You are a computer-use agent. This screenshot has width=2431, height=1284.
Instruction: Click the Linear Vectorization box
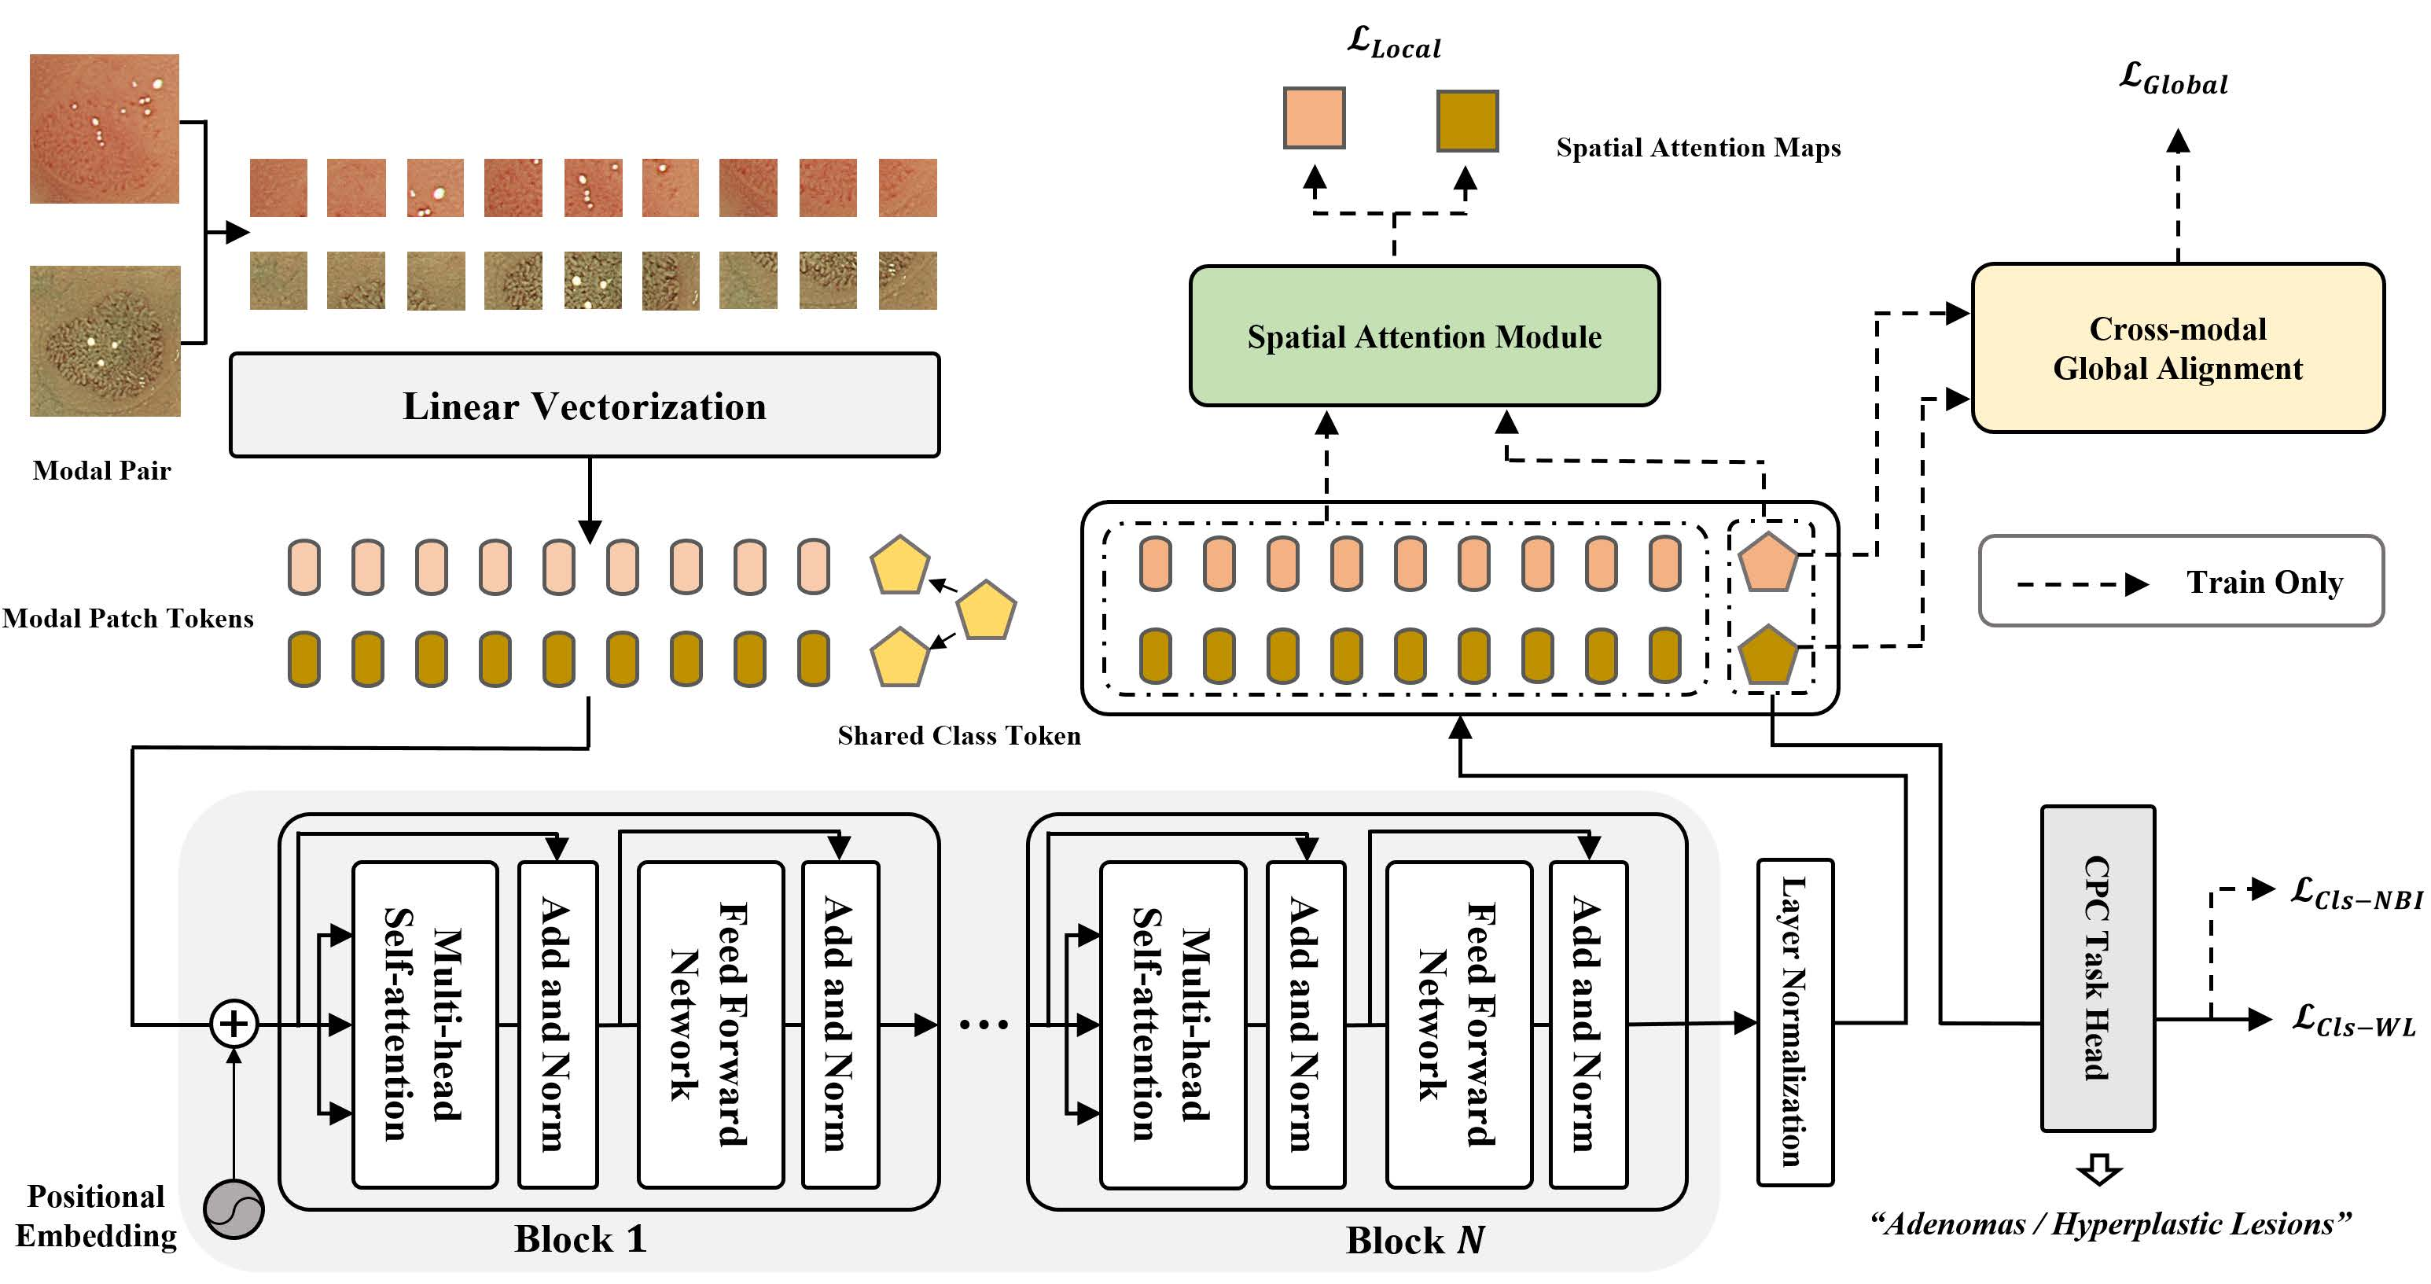tap(584, 406)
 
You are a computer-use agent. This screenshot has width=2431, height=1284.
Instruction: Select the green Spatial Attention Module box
tap(1424, 336)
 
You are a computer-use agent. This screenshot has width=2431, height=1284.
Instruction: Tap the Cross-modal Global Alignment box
tap(2177, 348)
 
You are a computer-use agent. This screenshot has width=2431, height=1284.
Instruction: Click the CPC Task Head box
tap(2097, 968)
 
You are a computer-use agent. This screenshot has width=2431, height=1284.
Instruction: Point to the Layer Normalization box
tap(1794, 1021)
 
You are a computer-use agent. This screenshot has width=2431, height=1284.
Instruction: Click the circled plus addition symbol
tap(234, 1024)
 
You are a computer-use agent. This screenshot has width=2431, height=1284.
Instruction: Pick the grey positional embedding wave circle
tap(234, 1209)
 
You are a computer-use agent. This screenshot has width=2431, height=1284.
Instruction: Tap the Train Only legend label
tap(2264, 583)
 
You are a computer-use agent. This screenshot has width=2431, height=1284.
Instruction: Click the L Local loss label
tap(1394, 42)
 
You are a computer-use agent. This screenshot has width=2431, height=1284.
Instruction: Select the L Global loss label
tap(2173, 79)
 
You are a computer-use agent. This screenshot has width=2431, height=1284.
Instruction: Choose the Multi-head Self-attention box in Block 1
tap(425, 1025)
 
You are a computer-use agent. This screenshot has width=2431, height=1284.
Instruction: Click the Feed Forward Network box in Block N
tap(1458, 1025)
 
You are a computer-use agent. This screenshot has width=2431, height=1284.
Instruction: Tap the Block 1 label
tap(579, 1238)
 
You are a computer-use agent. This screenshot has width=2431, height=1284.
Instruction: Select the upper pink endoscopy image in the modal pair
tap(104, 128)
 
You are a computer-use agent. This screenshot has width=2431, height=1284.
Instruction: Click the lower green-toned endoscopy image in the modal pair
tap(105, 340)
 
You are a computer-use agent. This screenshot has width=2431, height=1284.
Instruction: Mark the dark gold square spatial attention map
tap(1466, 121)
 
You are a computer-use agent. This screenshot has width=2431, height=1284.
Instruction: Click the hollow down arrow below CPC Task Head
tap(2098, 1169)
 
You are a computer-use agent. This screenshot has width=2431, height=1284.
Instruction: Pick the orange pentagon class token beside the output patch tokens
tap(1767, 564)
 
